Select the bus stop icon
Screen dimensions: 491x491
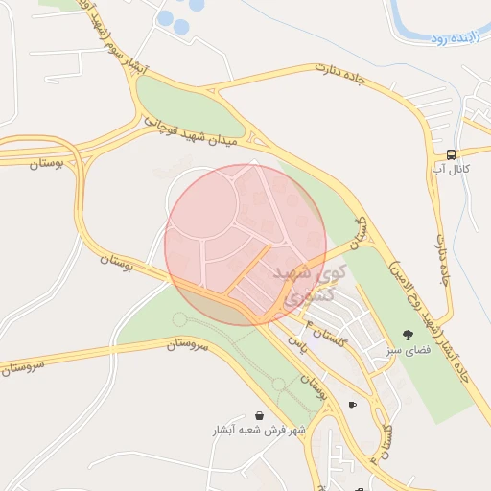[x=452, y=154]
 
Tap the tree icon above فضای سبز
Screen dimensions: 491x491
[x=409, y=336]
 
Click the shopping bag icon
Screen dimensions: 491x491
[x=260, y=415]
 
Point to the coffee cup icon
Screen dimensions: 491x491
[x=352, y=406]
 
